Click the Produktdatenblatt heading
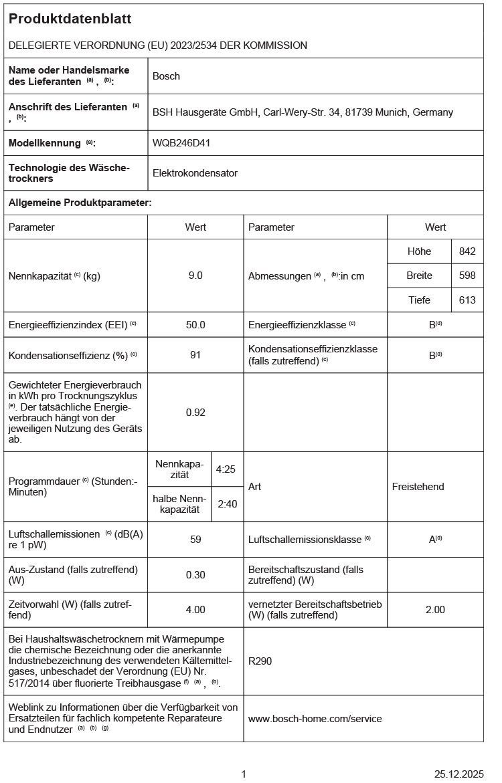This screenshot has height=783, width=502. point(70,19)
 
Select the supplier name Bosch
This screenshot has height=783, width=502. point(166,76)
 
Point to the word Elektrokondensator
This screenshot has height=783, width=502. point(195,173)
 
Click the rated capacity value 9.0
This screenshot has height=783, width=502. point(195,275)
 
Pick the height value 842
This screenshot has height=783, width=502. point(467,251)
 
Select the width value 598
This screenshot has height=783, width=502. point(467,275)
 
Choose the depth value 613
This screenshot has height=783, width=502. point(467,300)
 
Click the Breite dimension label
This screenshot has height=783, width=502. point(419,275)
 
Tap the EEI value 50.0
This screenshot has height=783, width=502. point(195,325)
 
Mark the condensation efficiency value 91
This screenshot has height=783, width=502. point(195,355)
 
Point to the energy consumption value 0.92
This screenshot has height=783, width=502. point(195,413)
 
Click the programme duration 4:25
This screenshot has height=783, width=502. point(226,469)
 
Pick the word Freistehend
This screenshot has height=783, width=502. point(418,487)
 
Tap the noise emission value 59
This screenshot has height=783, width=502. point(195,539)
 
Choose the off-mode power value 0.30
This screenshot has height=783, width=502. point(195,575)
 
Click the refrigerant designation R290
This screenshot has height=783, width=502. point(260,661)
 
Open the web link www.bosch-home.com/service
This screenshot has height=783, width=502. point(315,719)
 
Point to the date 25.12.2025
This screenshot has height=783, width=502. point(458,774)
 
